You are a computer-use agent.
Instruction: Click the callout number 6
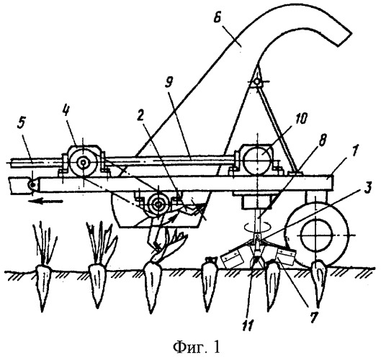point(217,15)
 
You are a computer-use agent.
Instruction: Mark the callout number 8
point(323,141)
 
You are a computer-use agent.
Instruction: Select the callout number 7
point(313,317)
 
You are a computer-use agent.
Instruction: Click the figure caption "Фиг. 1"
point(197,347)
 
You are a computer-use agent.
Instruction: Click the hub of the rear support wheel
point(315,235)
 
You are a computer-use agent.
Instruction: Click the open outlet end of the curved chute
point(344,39)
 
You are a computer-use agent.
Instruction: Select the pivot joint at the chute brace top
point(257,82)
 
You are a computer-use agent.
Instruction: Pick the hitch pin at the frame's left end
point(33,185)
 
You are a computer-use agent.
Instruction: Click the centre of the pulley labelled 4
point(84,163)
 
